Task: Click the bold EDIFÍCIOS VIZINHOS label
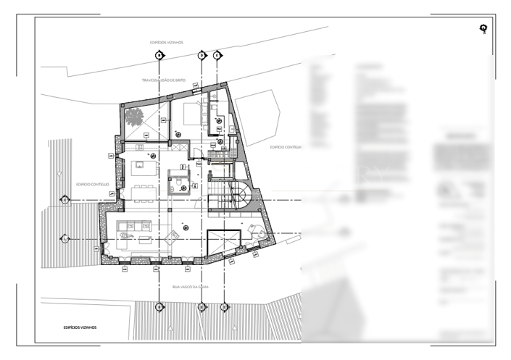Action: [x=80, y=327]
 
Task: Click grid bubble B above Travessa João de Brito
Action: [x=159, y=55]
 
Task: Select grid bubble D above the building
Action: [x=202, y=55]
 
